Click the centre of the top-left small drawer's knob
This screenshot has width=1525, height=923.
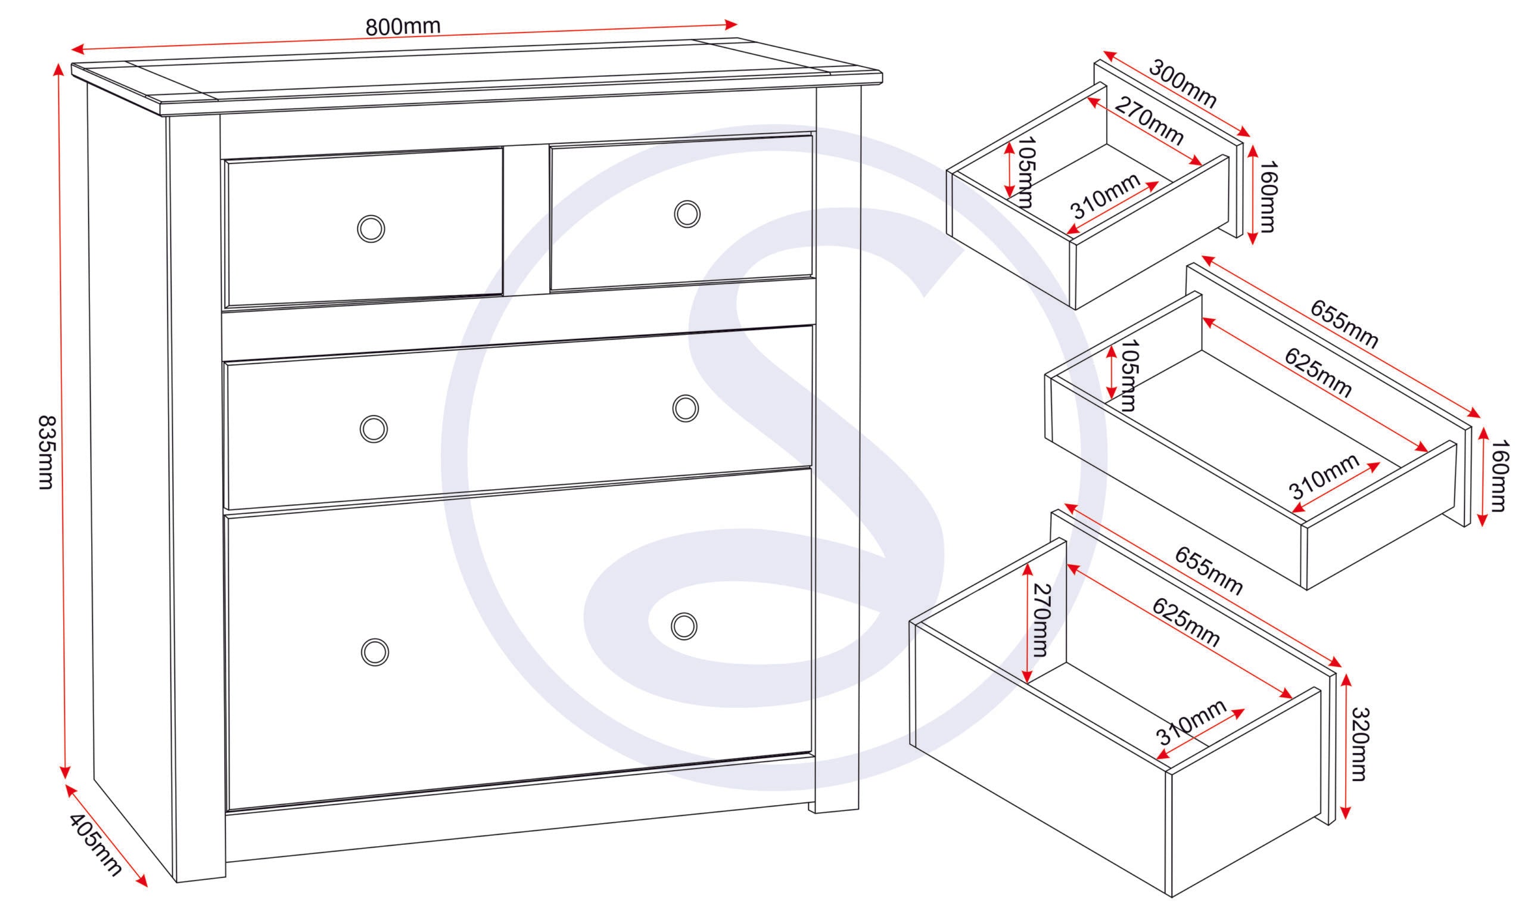pos(371,229)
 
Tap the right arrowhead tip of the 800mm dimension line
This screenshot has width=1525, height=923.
pos(737,25)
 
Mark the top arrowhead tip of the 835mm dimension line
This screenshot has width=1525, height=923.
pos(59,63)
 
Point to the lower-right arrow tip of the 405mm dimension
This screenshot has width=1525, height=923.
pos(147,887)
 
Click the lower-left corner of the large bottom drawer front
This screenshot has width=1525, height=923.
pos(226,811)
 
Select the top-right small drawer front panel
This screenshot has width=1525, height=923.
pos(681,213)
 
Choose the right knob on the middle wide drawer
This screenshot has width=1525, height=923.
pos(685,409)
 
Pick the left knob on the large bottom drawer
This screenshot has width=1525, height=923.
pos(375,652)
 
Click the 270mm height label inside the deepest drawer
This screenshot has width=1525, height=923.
pos(1039,620)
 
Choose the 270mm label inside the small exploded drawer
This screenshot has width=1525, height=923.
pos(1149,122)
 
